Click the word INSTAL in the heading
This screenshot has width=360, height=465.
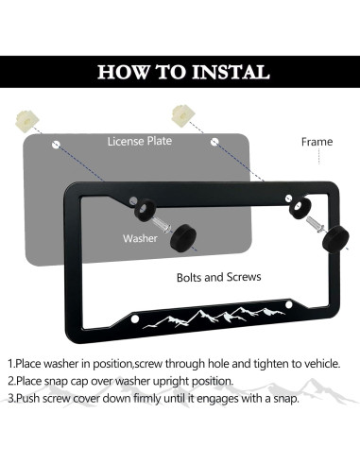pos(231,72)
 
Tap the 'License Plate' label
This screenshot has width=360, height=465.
pos(140,141)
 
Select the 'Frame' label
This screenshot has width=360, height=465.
pos(317,142)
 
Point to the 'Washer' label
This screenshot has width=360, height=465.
pos(140,238)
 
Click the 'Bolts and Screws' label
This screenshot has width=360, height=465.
pos(219,277)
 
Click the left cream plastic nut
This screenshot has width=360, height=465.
pos(27,121)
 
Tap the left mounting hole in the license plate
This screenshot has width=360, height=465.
pos(56,145)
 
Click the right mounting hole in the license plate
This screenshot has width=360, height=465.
pos(214,142)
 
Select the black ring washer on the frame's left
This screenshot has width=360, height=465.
pos(145,209)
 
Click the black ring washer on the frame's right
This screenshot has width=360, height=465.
pos(300,207)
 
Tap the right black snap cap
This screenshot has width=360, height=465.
pos(335,238)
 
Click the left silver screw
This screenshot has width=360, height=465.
pos(162,225)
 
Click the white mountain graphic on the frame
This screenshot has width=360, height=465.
pos(214,319)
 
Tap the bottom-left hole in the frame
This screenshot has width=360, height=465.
pos(135,319)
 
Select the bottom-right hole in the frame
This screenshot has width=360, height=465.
pos(289,305)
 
